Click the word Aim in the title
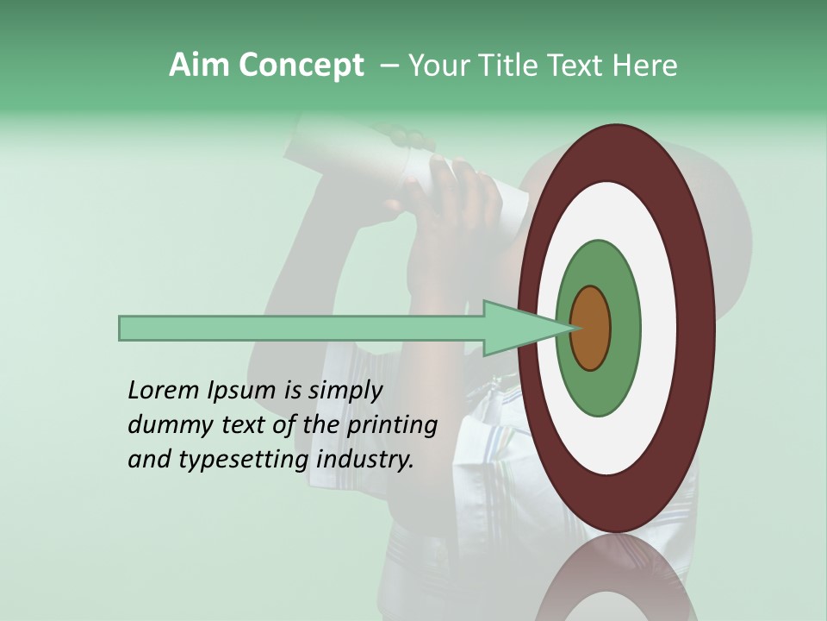(200, 66)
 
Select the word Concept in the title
(301, 66)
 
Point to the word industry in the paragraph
(365, 460)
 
